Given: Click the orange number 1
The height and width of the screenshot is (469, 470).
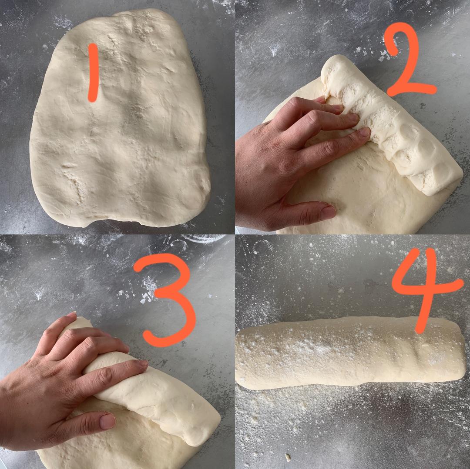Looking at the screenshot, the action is pyautogui.click(x=93, y=73).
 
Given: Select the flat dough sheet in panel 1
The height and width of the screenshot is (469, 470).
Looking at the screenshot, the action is pyautogui.click(x=120, y=120).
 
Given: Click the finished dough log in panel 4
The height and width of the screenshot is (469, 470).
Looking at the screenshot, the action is pyautogui.click(x=351, y=353).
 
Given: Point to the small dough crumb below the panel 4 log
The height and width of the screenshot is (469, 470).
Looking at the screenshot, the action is pyautogui.click(x=288, y=457).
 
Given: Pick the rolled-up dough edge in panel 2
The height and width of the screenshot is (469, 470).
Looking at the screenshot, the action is pyautogui.click(x=389, y=126).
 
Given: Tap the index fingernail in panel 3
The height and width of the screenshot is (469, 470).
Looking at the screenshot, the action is pyautogui.click(x=142, y=363).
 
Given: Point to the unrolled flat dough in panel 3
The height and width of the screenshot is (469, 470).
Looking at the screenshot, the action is pyautogui.click(x=120, y=449).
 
